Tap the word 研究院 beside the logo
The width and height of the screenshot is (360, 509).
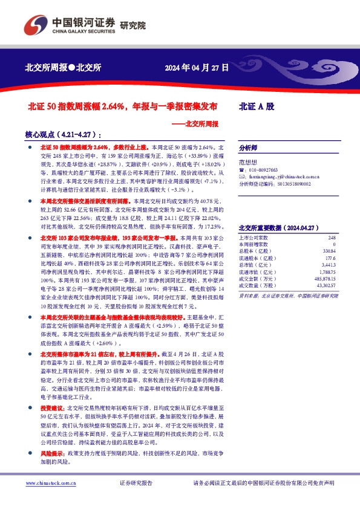(133, 25)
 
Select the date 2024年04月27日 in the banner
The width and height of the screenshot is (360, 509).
(197, 68)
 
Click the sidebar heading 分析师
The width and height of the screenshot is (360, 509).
(248, 148)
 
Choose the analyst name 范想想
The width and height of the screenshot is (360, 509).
(248, 162)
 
